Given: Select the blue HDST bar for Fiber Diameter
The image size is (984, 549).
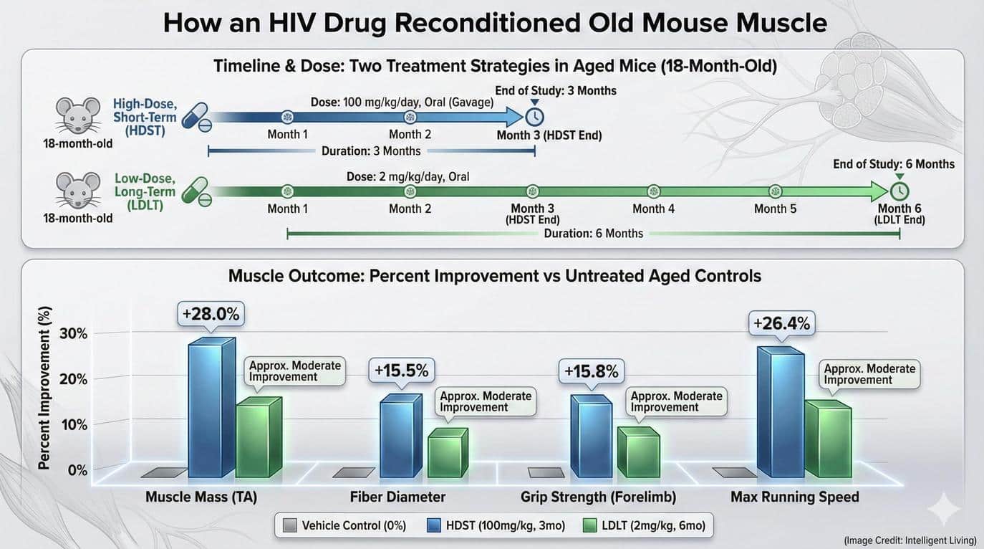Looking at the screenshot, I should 396,438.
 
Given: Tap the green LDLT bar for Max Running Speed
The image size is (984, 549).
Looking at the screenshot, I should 828,441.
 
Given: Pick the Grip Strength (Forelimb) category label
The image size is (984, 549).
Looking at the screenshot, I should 598,497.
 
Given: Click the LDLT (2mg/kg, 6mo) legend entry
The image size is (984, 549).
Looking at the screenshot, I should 646,525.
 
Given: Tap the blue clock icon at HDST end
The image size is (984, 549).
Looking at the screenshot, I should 534,117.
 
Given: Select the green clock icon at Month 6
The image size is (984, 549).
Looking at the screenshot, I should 899,191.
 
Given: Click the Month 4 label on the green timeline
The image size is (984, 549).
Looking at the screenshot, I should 653,209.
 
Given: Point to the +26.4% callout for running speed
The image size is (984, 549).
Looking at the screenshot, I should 781,324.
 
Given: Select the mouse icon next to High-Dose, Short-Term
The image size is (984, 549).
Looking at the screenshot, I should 77,116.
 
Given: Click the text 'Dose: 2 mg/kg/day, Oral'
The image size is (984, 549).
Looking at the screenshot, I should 408,176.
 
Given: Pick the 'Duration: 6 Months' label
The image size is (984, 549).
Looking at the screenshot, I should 593,233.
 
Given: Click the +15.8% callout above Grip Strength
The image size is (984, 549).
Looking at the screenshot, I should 591,372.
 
